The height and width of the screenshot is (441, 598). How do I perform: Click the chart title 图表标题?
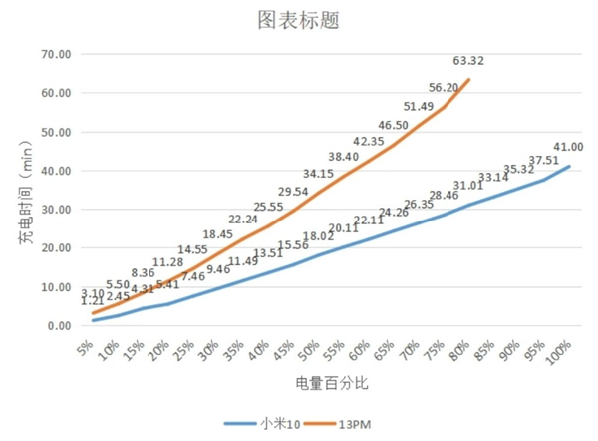point(298,20)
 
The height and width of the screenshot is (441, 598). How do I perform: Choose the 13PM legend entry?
point(350,422)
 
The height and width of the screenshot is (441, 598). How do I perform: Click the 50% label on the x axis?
point(310,349)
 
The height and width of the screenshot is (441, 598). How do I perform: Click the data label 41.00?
point(568,147)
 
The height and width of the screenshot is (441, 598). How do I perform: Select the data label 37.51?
point(544,159)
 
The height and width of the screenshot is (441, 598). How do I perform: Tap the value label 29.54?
point(293,191)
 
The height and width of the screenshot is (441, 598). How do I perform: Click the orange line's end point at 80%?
point(468,79)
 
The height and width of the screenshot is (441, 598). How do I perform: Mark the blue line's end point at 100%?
point(569,166)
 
